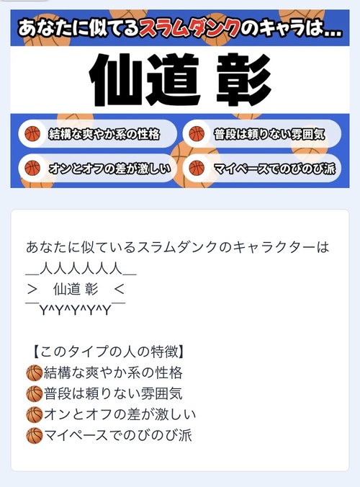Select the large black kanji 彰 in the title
pos(243,79)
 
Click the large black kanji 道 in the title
pos(173,79)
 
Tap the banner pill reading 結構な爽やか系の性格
pos(97,134)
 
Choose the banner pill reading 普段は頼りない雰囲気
pos(262,134)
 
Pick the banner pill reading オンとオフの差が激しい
pos(97,168)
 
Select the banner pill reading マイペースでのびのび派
pos(262,168)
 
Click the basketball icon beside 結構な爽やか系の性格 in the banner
pos(32,134)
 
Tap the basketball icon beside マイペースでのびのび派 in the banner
pos(197,169)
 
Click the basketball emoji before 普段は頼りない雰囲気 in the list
pos(34,393)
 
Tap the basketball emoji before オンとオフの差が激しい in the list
pos(34,415)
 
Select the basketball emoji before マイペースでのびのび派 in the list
pos(34,435)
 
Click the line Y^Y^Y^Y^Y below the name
pos(76,310)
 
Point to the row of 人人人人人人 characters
pos(81,268)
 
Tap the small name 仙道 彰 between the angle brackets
pos(76,289)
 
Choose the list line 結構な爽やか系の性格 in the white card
pos(113,372)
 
